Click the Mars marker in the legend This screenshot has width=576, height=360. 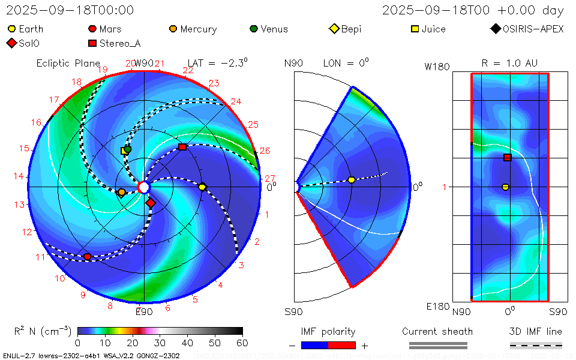tap(92, 29)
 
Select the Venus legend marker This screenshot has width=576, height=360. tap(254, 29)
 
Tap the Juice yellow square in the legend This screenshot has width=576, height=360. tap(415, 29)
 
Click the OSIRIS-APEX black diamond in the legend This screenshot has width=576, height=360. tap(495, 29)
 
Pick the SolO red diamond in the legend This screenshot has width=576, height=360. tap(11, 43)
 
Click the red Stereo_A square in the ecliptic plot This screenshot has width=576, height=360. tap(183, 147)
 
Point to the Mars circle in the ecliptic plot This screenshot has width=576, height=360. tap(88, 257)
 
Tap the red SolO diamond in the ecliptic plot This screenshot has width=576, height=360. tap(150, 203)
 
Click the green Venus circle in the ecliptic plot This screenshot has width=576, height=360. tap(127, 149)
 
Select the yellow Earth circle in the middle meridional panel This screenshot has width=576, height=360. tap(352, 180)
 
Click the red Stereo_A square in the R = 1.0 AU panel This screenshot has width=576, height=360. tap(508, 157)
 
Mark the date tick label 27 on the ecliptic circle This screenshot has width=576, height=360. tap(269, 178)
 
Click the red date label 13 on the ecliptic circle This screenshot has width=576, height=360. tap(20, 204)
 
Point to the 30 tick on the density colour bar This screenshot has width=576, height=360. tap(160, 343)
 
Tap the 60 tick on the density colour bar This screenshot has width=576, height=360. tap(242, 343)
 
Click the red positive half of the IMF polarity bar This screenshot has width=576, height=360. tap(342, 345)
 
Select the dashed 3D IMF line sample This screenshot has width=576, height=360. tap(536, 345)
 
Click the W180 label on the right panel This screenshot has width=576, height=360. tap(437, 67)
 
